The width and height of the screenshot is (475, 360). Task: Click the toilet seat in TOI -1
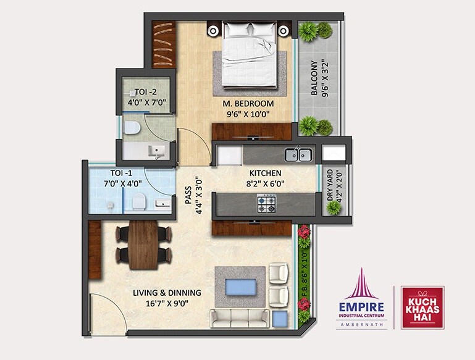(x=140, y=200)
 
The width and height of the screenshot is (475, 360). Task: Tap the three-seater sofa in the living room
(x=239, y=318)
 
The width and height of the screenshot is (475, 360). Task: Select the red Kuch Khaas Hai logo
(x=422, y=306)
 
